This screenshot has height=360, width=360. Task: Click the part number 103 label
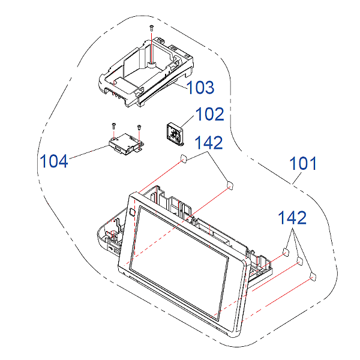pos(200,88)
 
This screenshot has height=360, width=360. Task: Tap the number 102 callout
pos(209,114)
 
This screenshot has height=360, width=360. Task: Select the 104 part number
pos(54,161)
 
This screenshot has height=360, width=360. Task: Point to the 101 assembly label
pos(303,163)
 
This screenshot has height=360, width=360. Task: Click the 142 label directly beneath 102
pos(209,143)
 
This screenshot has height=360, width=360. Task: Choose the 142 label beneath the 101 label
pos(292,218)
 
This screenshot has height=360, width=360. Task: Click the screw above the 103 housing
pos(151,28)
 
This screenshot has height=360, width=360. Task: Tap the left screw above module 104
pos(113,125)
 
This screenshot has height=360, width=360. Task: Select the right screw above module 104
pos(139,127)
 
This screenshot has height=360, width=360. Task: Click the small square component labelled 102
pos(175,134)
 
